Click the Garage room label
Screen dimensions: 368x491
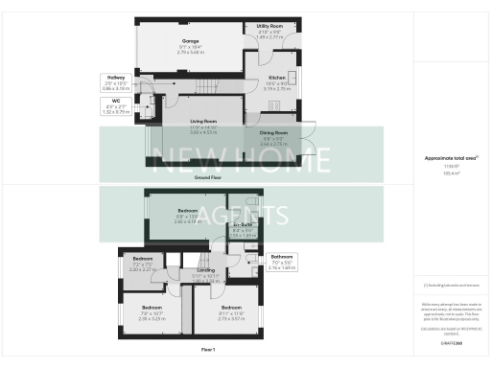189,42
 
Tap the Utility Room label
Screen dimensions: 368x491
269,27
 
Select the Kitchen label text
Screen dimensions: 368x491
276,77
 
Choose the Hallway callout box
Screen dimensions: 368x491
115,84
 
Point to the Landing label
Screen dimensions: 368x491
205,271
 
